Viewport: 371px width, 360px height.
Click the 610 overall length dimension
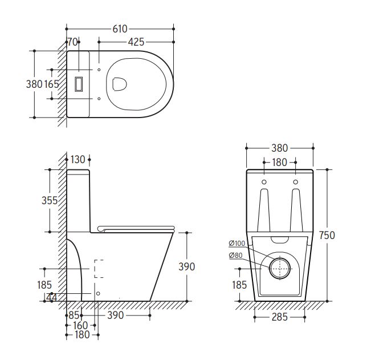[120, 29]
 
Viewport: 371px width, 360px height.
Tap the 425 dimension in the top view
[136, 42]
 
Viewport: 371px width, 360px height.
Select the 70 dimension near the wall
[72, 42]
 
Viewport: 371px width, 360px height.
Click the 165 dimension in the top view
[52, 84]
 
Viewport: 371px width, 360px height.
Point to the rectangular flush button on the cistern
[79, 84]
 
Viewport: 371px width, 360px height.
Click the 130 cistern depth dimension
[78, 160]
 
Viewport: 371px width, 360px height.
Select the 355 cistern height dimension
[50, 201]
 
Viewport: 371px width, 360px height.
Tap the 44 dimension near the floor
[52, 297]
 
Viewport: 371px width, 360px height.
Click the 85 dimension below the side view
[74, 315]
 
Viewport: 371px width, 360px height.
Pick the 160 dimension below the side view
[80, 325]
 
